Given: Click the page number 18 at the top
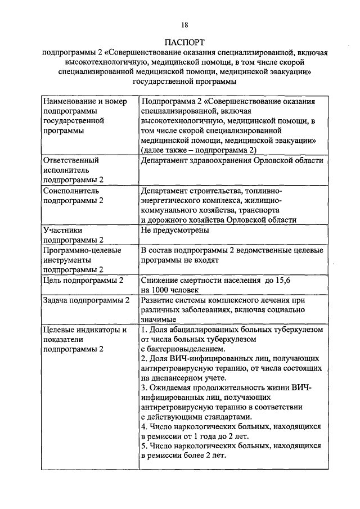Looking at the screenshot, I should (184, 24).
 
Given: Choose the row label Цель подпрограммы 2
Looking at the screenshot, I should (83, 280).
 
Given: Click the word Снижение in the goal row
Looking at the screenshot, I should (160, 280).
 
